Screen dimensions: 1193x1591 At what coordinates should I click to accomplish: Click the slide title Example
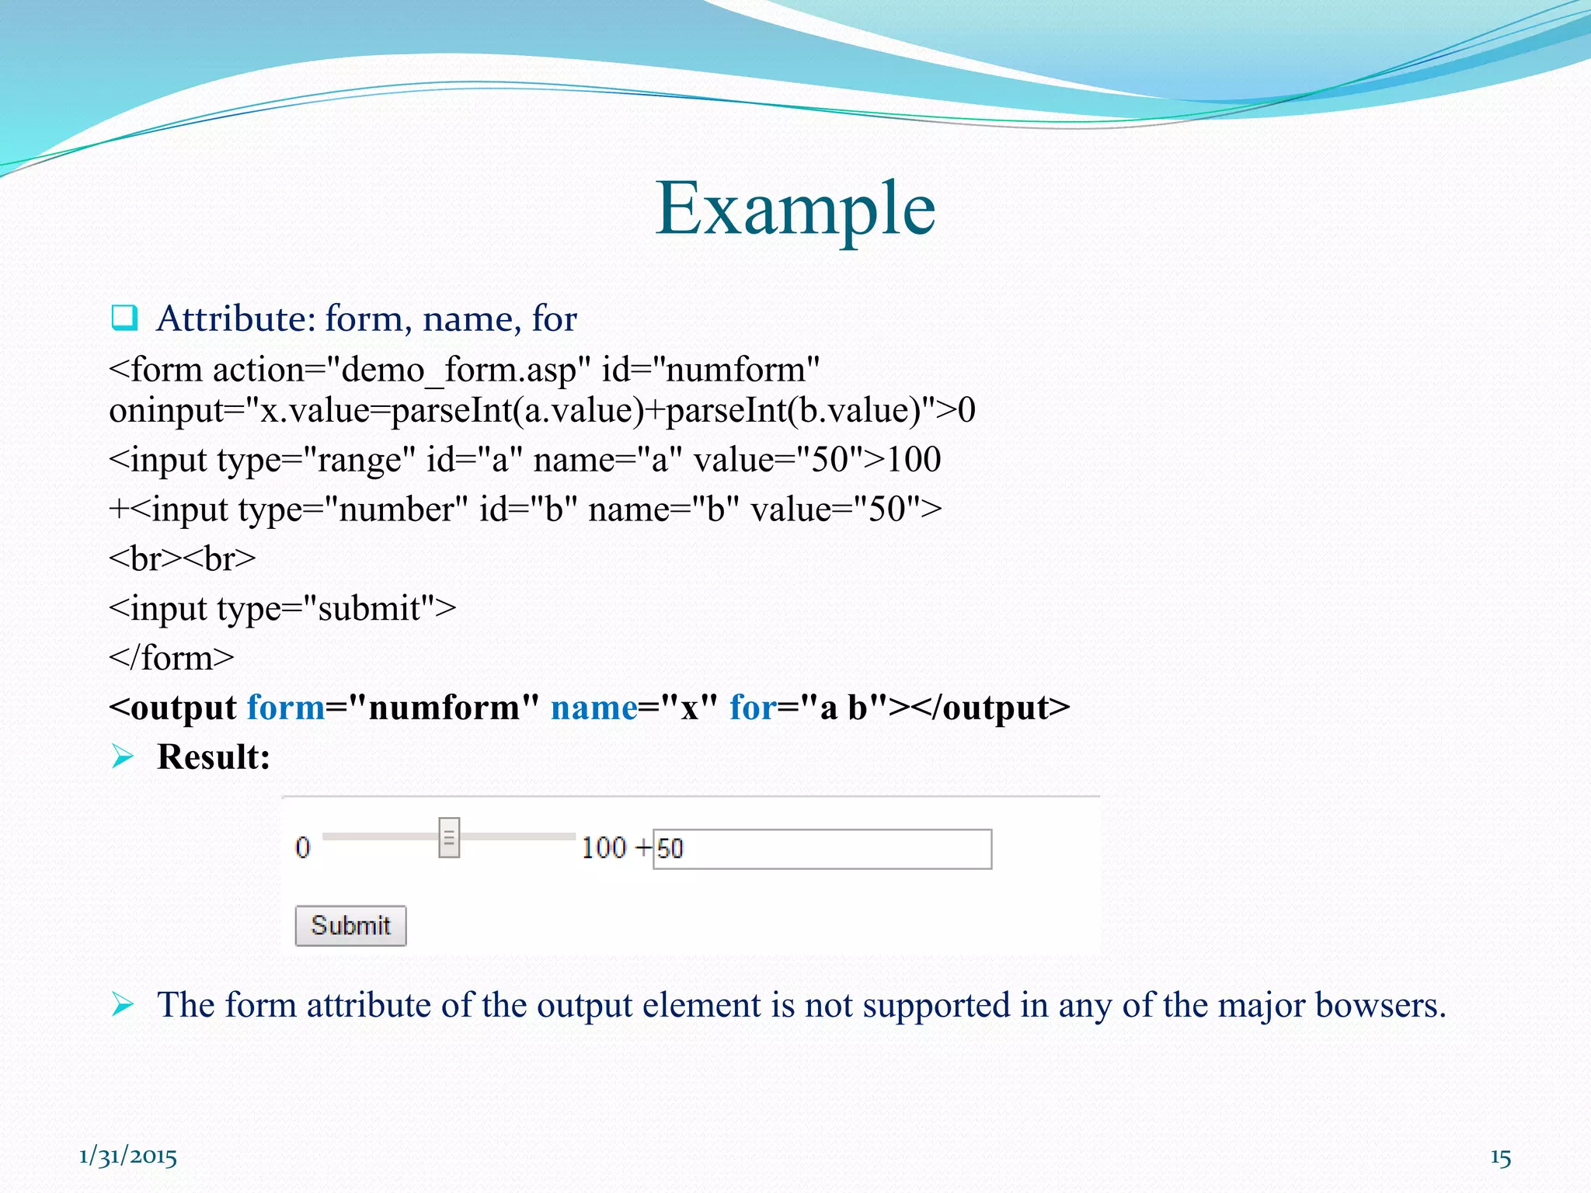(795, 208)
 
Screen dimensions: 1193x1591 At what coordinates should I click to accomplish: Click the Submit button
(350, 925)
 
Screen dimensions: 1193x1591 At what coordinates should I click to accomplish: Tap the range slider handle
(449, 837)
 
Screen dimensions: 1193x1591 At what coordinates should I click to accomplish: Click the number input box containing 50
(822, 848)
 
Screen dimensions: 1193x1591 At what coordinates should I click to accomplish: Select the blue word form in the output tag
(286, 708)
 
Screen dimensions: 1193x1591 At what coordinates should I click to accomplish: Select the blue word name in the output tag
(594, 708)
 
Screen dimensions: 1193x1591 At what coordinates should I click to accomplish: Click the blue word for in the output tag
(752, 708)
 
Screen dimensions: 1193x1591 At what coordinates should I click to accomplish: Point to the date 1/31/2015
(128, 1156)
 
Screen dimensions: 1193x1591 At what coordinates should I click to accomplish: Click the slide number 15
(1500, 1158)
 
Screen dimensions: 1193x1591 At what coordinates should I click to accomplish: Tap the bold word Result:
(214, 756)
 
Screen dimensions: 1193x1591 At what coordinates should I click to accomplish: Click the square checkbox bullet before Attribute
(124, 318)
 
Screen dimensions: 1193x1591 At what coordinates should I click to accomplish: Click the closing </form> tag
(172, 658)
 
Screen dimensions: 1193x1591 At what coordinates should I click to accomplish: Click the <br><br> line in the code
(183, 558)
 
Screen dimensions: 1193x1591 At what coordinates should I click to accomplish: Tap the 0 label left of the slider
(302, 847)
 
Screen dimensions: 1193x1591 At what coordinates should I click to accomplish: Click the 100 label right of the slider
(604, 847)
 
